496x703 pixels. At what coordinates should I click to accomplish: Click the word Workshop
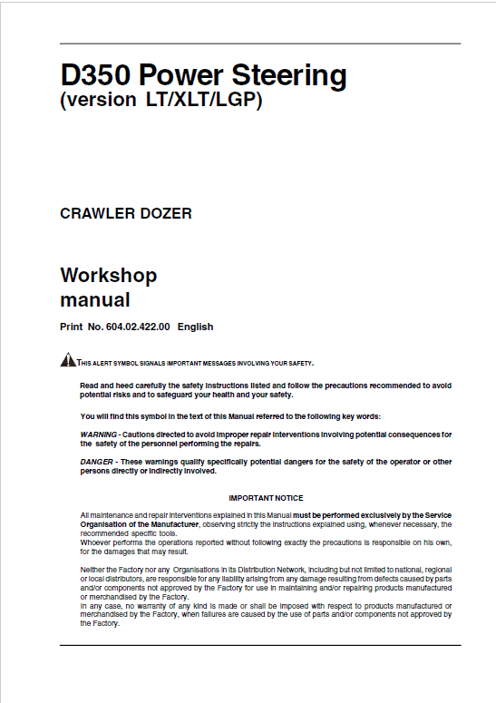(108, 275)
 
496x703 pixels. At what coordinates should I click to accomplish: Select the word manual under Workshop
(94, 299)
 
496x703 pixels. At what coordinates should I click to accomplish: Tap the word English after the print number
(196, 327)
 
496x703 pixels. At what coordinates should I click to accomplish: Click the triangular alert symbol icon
(68, 361)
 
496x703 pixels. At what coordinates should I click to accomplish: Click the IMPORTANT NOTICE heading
(266, 498)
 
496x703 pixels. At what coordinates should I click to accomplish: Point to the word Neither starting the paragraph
(93, 566)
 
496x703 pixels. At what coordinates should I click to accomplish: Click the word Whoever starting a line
(96, 542)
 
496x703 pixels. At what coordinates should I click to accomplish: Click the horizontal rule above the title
(259, 43)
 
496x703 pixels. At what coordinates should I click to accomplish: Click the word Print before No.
(72, 327)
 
